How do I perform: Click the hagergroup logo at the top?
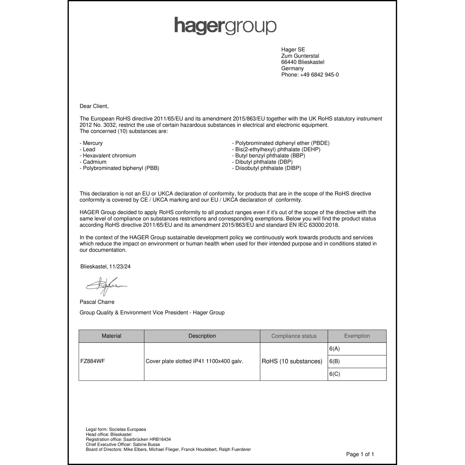(225, 26)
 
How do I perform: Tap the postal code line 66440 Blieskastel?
(303, 62)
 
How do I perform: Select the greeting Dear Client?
(94, 106)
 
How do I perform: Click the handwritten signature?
(105, 286)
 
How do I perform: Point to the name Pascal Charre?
(97, 302)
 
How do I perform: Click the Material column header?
(111, 336)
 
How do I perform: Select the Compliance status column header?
(294, 336)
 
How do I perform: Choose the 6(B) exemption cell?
(334, 361)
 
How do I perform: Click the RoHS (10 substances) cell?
(292, 361)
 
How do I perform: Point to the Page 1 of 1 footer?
(360, 454)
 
